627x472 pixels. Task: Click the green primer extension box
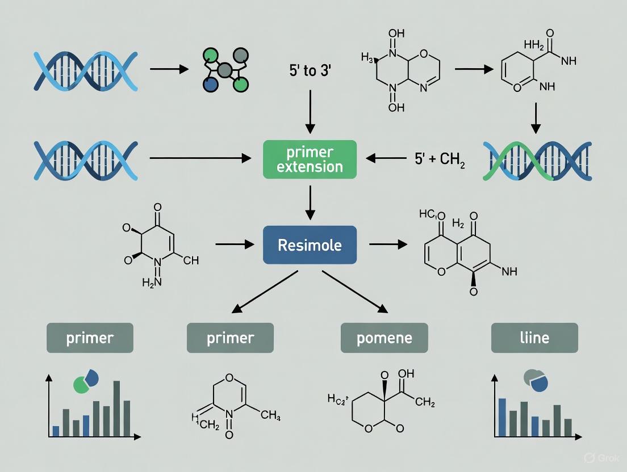coord(310,159)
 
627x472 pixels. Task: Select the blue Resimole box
coord(310,245)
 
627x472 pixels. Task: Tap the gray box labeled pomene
coord(383,338)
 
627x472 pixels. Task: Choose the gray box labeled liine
coord(534,338)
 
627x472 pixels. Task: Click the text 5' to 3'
coord(310,73)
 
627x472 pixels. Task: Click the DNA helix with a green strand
coord(537,161)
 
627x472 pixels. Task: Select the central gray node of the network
coord(225,70)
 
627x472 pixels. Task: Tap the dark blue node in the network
coord(211,84)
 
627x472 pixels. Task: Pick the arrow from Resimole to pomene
coord(355,292)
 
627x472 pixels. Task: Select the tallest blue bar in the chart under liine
coord(501,417)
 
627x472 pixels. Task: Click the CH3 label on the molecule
coord(270,415)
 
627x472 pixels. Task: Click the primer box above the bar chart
coord(90,338)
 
